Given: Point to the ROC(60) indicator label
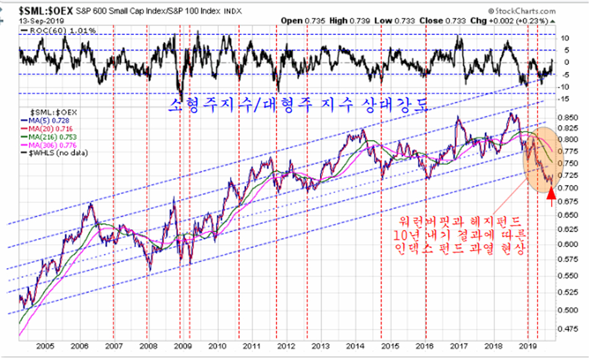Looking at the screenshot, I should [x=50, y=30].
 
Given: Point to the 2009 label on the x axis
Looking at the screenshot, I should [x=183, y=346].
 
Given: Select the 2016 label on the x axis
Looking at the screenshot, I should [x=425, y=346].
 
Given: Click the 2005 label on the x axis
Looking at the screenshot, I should [x=45, y=346].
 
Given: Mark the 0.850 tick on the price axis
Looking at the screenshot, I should [x=569, y=117].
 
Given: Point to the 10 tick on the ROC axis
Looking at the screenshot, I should [x=565, y=38].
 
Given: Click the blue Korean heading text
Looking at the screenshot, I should [x=297, y=104].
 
